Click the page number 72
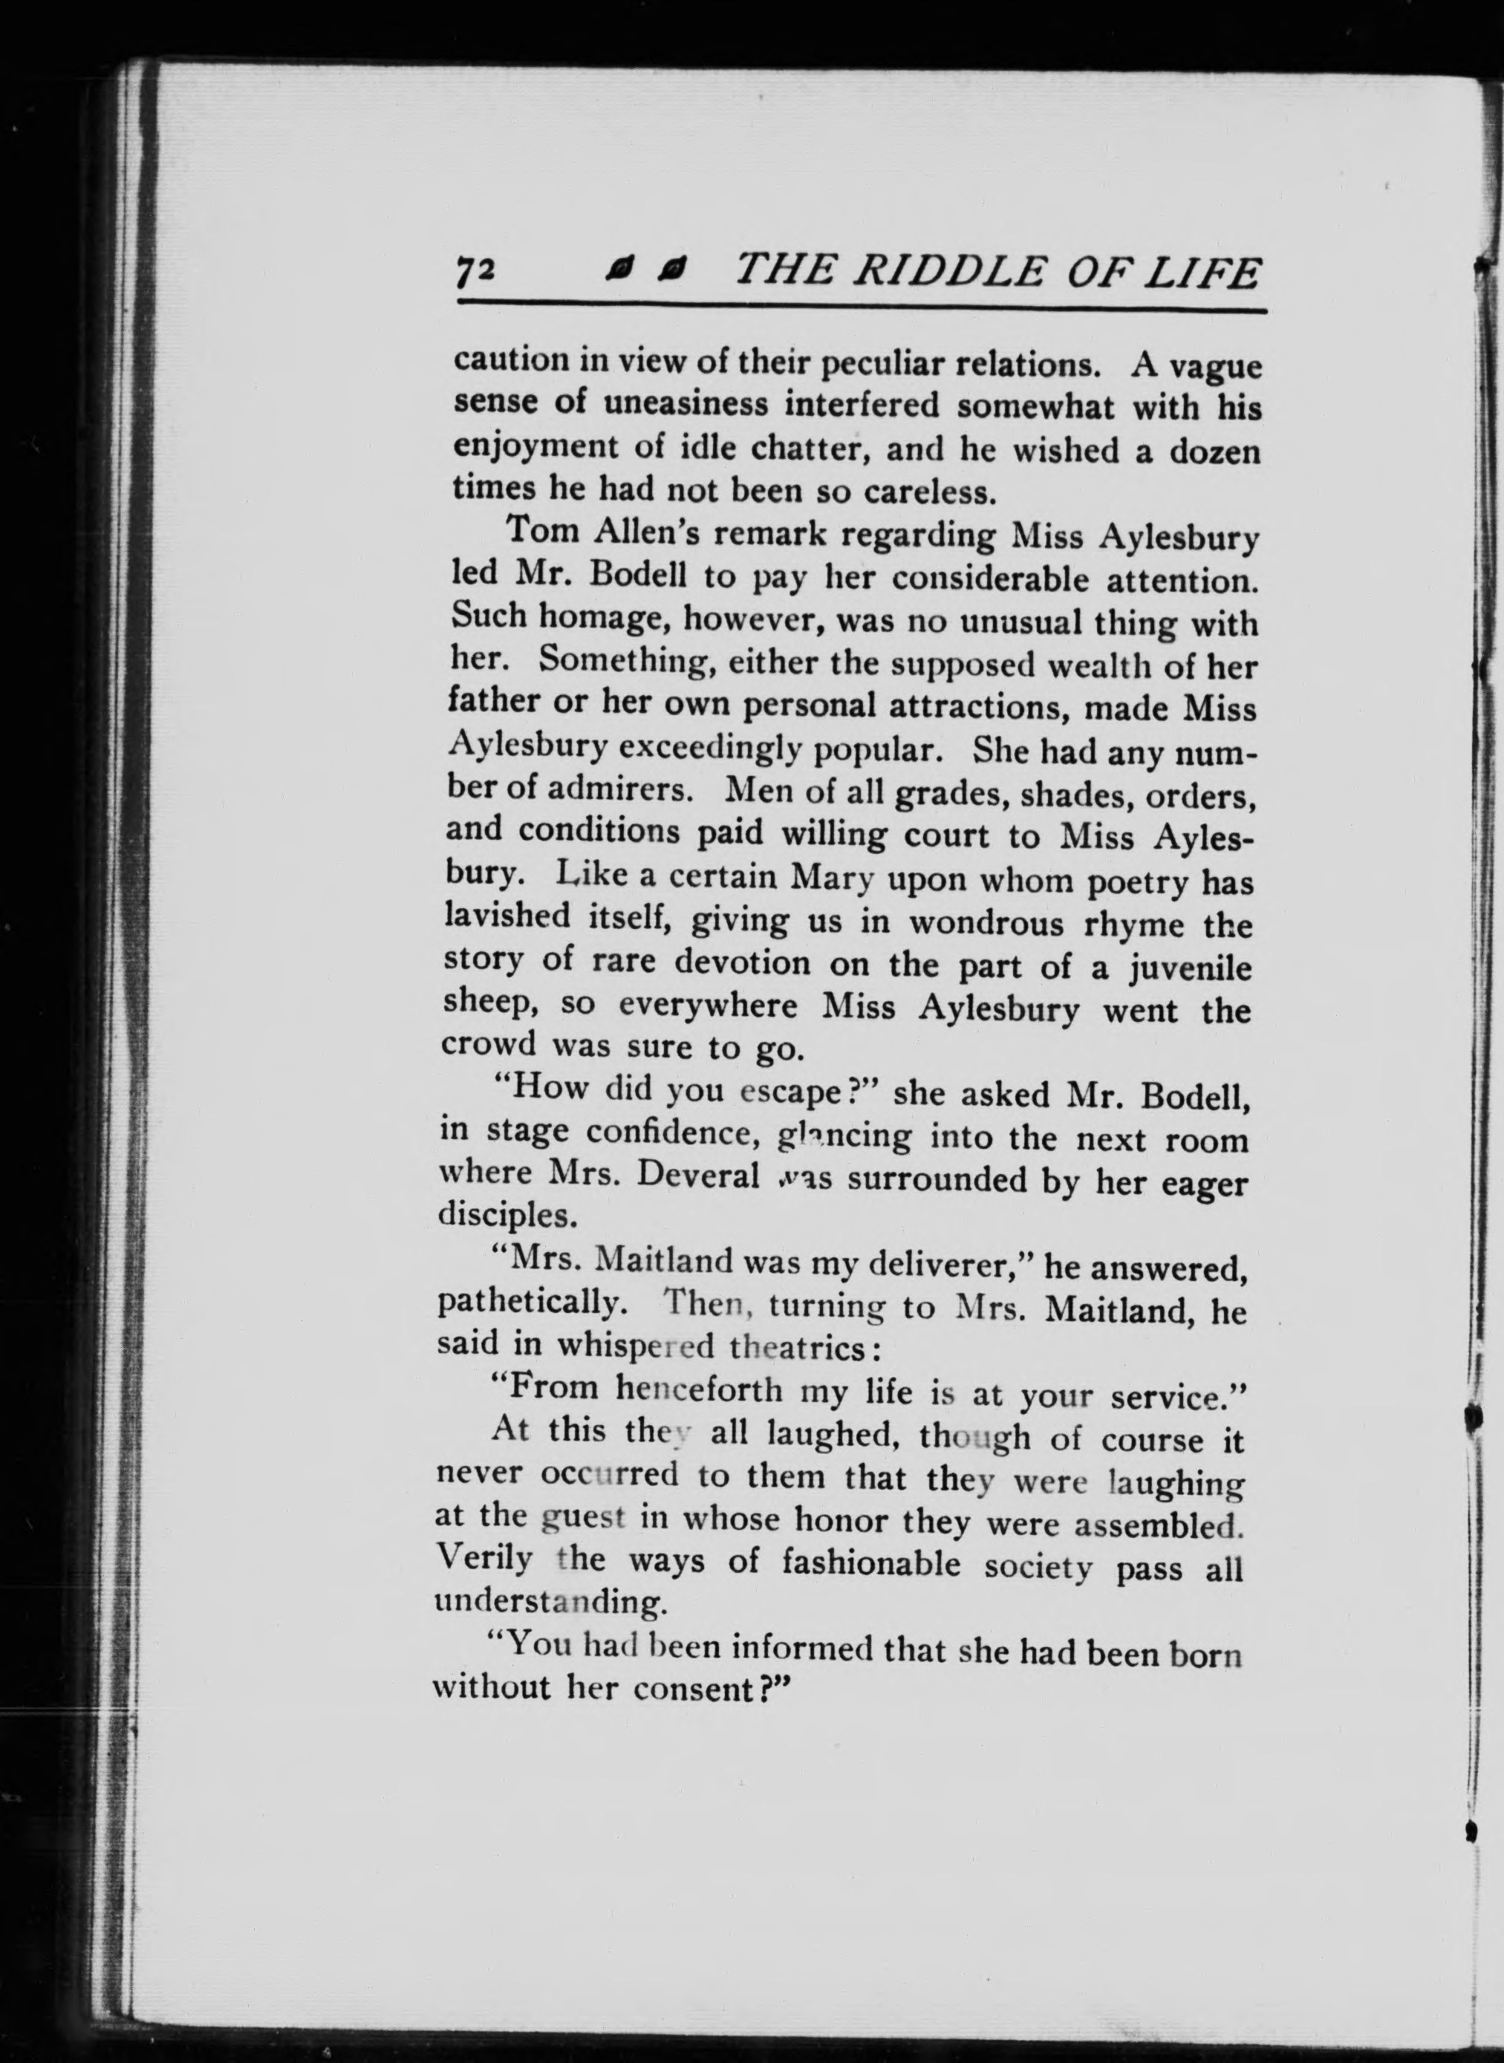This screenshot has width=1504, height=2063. (475, 273)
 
